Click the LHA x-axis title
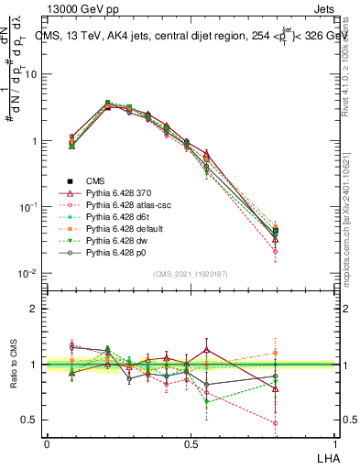[x=326, y=456]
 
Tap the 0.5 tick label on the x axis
[x=190, y=444]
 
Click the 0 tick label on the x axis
[x=47, y=444]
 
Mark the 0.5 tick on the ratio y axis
[x=29, y=420]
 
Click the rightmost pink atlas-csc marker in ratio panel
[x=327, y=423]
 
